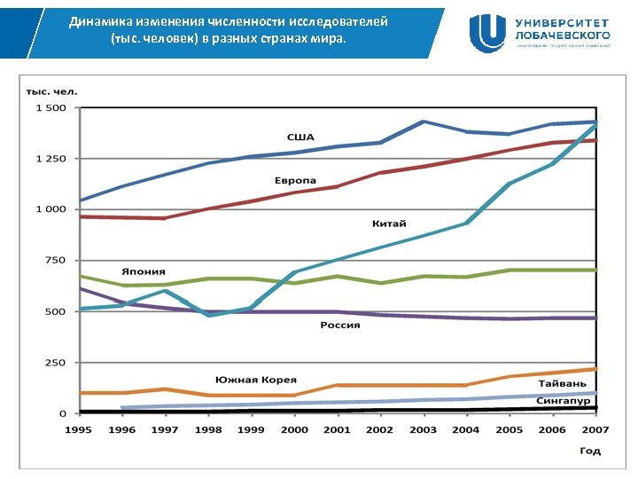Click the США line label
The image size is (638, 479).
pos(300,137)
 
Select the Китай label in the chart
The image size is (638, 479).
pos(389,224)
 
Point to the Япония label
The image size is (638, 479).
pos(144,271)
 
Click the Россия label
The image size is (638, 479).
pos(340,326)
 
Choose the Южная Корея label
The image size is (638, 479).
pos(255,380)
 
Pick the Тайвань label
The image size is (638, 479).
pos(561,381)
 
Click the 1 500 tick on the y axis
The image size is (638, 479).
pos(51,108)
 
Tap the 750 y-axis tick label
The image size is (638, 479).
pos(55,260)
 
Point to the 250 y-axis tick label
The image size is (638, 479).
pos(55,363)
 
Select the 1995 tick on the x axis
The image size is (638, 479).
pos(79,430)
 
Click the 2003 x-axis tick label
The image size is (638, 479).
pos(423,430)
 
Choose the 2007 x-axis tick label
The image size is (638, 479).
pos(595,430)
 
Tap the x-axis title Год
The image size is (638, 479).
pos(590,451)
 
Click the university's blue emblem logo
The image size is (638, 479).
pos(488,33)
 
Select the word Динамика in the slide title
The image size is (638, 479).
pos(98,20)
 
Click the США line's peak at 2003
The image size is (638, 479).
pos(423,122)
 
